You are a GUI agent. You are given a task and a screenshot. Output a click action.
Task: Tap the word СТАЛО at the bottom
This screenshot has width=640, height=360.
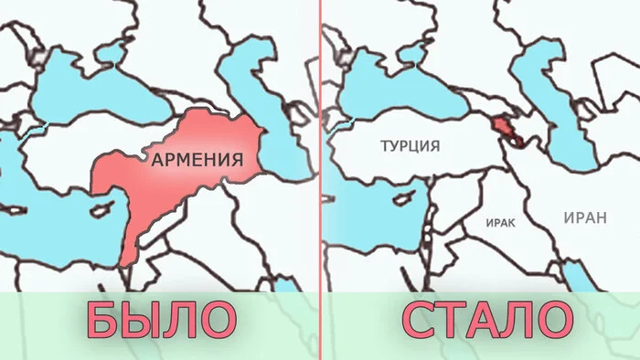[484, 321]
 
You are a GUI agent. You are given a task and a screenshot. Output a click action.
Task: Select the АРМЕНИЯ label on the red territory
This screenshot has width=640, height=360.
[197, 159]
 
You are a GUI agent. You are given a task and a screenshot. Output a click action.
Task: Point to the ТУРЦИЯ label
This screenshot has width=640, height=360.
[411, 145]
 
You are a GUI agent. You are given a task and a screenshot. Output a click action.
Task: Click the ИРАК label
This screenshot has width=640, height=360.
[501, 222]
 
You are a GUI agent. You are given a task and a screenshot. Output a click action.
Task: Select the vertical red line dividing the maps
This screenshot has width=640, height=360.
[321, 137]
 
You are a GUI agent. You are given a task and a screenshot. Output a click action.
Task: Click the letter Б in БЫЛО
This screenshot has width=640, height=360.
[102, 321]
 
